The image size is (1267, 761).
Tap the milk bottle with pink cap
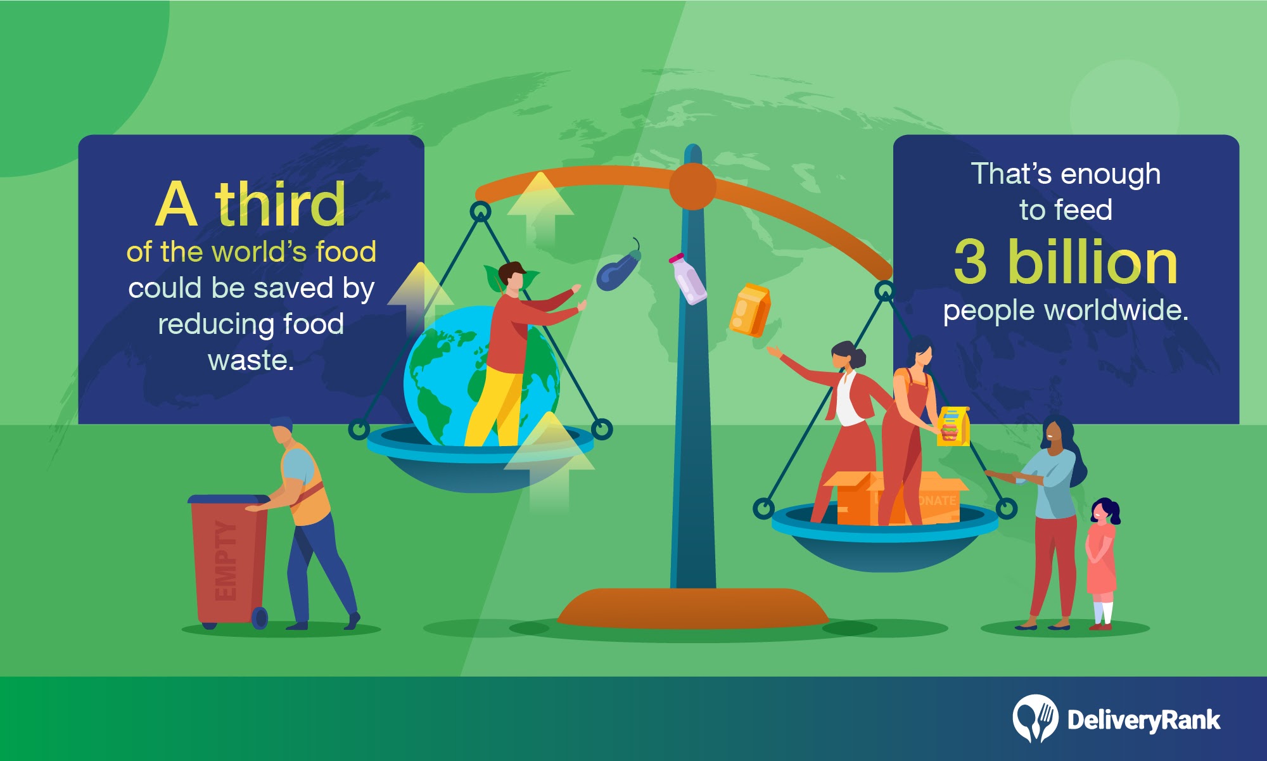pyautogui.click(x=688, y=279)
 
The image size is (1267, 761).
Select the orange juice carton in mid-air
pyautogui.click(x=749, y=310)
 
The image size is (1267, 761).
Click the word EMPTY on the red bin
pyautogui.click(x=226, y=560)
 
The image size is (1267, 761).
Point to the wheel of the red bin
pyautogui.click(x=260, y=618)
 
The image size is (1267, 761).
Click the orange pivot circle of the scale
pyautogui.click(x=692, y=186)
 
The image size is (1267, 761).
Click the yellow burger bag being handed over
pyautogui.click(x=953, y=426)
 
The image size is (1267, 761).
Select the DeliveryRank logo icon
pyautogui.click(x=1035, y=718)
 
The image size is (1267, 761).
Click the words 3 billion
pyautogui.click(x=1066, y=262)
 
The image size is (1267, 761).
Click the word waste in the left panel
pyautogui.click(x=251, y=361)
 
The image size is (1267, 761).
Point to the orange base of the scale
pyautogui.click(x=693, y=608)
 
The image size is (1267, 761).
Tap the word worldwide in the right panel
pyautogui.click(x=1116, y=310)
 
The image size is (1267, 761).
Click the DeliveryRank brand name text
pyautogui.click(x=1143, y=720)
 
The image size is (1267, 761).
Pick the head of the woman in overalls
pyautogui.click(x=920, y=352)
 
